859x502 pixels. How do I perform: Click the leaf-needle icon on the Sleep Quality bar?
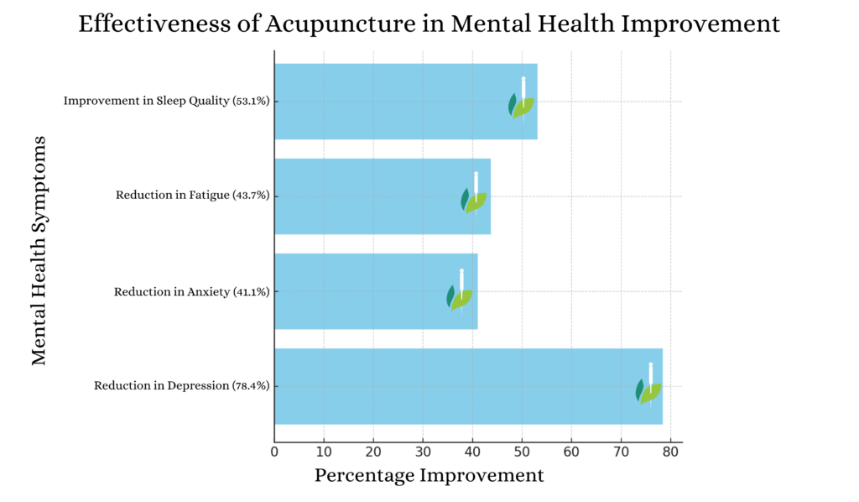tap(521, 102)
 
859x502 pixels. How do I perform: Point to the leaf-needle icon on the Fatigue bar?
tap(474, 197)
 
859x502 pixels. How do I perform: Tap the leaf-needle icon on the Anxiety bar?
tap(460, 293)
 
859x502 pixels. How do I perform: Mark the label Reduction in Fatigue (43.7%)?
tap(192, 196)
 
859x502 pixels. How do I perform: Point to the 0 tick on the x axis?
tap(274, 452)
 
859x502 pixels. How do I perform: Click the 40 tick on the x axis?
tap(472, 452)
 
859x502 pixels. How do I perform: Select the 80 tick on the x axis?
tap(670, 452)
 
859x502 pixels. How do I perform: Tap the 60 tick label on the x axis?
tap(571, 452)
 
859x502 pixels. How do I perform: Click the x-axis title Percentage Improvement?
tap(429, 476)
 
